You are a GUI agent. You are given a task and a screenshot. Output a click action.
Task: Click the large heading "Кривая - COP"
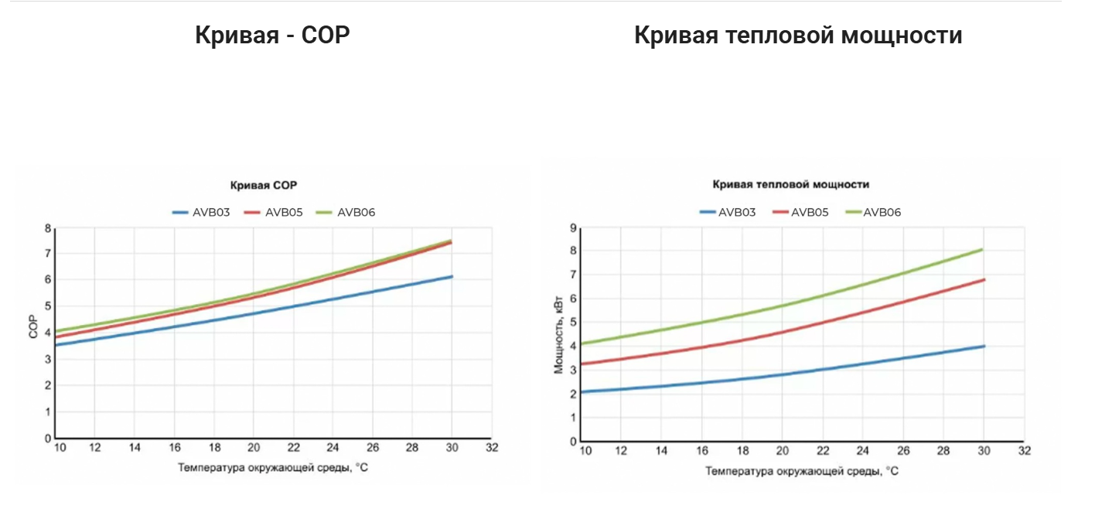coord(272,36)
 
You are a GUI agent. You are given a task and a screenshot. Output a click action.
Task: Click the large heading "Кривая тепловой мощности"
coord(798,36)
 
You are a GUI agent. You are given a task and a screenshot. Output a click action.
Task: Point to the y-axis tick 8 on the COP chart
coord(48,228)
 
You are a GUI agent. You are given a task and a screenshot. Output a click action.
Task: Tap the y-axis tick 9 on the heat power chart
coord(574,227)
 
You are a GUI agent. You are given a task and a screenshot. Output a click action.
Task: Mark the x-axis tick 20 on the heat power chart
coord(783,451)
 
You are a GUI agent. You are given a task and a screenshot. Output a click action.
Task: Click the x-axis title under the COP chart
coord(272,467)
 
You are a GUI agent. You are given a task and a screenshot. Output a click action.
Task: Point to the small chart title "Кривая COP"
coord(264,185)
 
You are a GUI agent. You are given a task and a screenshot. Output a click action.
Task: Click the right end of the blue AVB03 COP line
coord(452,276)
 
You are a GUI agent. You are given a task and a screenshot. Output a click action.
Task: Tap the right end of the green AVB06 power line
coord(983,249)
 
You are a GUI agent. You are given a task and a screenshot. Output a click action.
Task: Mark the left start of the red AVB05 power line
coord(582,364)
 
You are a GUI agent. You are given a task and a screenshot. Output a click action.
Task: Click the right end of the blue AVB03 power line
coord(984,346)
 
